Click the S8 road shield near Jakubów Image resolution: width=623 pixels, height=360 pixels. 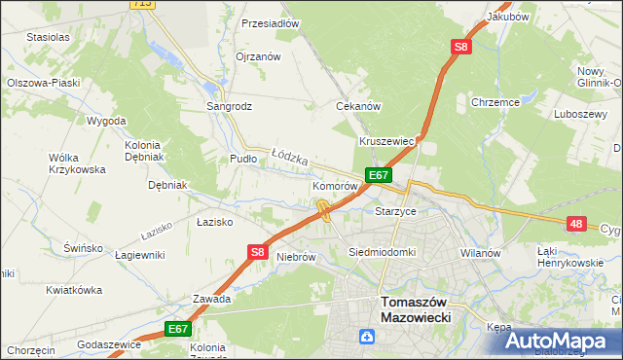pos(460,46)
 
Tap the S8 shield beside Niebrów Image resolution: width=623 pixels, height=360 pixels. pos(257,252)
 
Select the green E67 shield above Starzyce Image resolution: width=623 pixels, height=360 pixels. pos(379,175)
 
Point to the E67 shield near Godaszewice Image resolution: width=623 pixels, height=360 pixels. pos(177,330)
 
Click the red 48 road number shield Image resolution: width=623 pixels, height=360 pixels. pos(577,224)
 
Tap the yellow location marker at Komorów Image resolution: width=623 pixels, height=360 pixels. pos(322,208)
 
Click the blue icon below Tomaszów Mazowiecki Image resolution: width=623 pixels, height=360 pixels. pos(367,338)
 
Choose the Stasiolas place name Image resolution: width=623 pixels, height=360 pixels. pos(49,37)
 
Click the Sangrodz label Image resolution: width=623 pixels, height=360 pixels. pos(230,105)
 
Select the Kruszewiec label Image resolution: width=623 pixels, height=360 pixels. pos(387,141)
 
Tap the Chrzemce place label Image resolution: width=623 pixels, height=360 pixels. pos(495,101)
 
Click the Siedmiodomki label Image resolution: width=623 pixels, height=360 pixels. pos(383,252)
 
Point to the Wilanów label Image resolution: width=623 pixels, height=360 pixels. pos(480,252)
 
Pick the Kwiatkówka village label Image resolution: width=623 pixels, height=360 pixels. pos(74,290)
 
